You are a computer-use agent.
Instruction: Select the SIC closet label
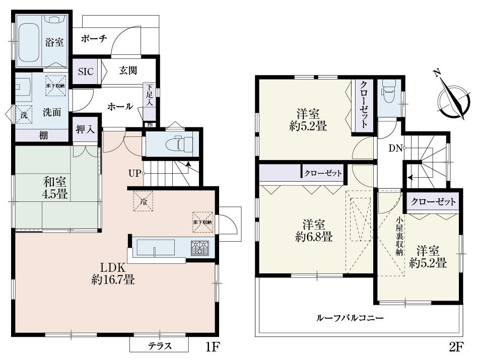85,71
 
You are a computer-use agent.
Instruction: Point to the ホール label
120,107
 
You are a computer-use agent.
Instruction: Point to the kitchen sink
156,247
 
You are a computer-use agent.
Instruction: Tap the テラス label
160,346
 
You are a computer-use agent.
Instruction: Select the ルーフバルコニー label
350,318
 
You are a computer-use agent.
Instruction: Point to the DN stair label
394,148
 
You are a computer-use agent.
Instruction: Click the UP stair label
134,173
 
